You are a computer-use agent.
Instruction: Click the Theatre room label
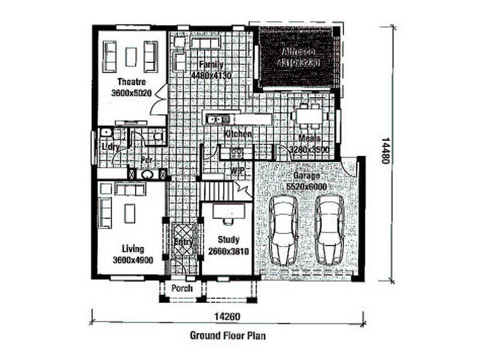[130, 82]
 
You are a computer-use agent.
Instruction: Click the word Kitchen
[238, 134]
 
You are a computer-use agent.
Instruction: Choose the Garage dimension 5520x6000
[307, 187]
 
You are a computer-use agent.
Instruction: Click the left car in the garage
[283, 230]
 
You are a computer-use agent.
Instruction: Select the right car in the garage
[329, 230]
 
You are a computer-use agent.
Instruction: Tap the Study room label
[228, 240]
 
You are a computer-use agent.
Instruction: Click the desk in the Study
[229, 211]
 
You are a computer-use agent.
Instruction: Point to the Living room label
[133, 249]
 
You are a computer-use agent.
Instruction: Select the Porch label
[182, 289]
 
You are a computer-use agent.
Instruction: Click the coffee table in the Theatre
[130, 56]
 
